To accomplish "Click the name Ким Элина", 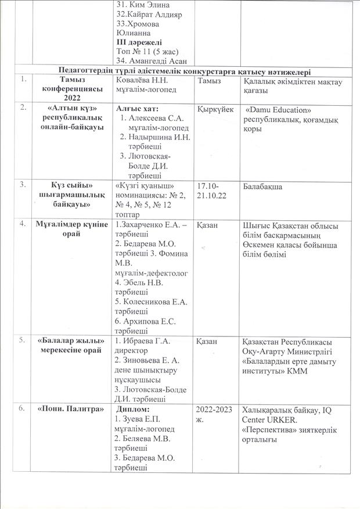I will coord(139,5).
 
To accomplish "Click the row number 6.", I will coord(21,409).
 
